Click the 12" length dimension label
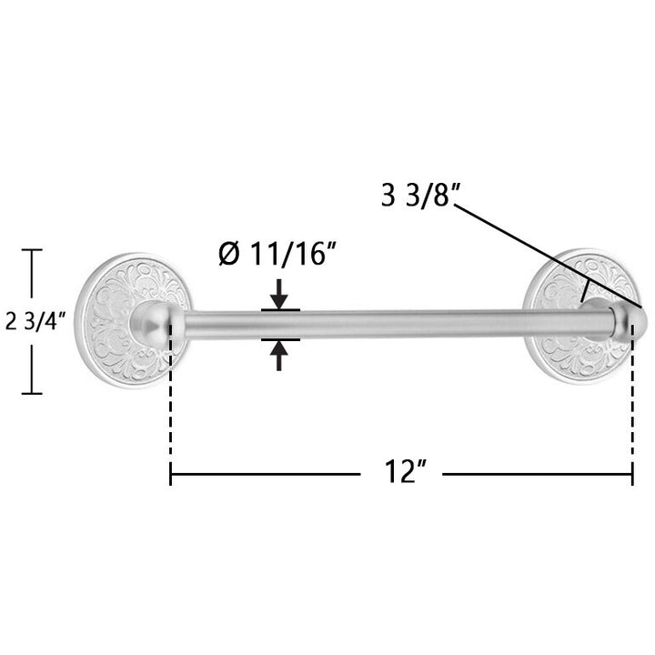click(x=405, y=471)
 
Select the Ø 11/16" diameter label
click(x=277, y=254)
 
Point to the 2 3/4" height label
click(x=35, y=321)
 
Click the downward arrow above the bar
click(x=278, y=295)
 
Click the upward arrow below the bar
click(x=278, y=355)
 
